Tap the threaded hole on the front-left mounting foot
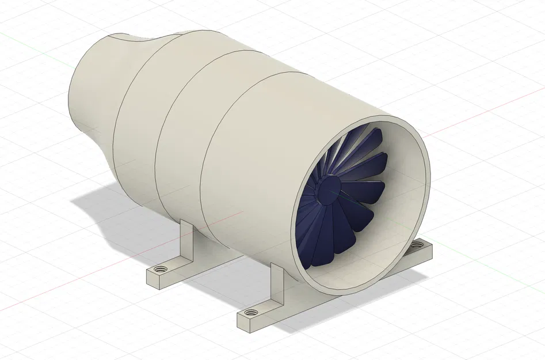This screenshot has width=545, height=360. (x=251, y=313)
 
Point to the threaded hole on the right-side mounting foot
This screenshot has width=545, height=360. (x=416, y=247)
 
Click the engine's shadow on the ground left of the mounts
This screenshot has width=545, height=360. (x=104, y=207)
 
